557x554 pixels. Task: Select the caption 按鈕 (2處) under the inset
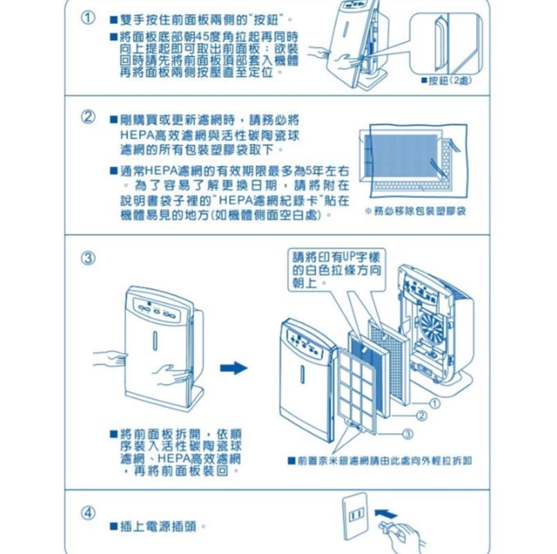[449, 81]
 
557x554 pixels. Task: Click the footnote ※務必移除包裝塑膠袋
[414, 208]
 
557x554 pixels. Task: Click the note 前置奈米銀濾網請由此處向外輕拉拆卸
[383, 460]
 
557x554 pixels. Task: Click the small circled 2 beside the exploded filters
[421, 415]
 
